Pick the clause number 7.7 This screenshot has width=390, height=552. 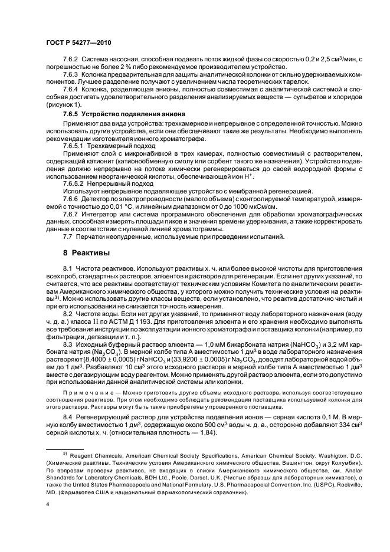[x=67, y=236]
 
